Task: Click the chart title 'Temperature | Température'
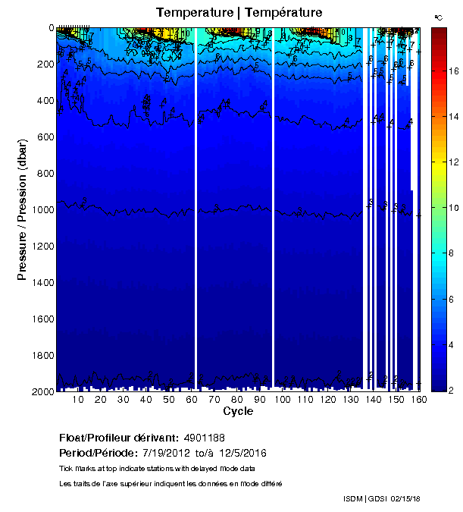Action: (239, 13)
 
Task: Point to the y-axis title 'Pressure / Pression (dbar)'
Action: (23, 209)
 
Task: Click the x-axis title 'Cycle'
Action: (238, 412)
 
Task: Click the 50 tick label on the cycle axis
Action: (169, 400)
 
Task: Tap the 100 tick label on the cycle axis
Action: (283, 400)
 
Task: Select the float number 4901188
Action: (204, 438)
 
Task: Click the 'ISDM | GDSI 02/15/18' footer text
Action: (381, 498)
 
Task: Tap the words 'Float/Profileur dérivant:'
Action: (119, 438)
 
